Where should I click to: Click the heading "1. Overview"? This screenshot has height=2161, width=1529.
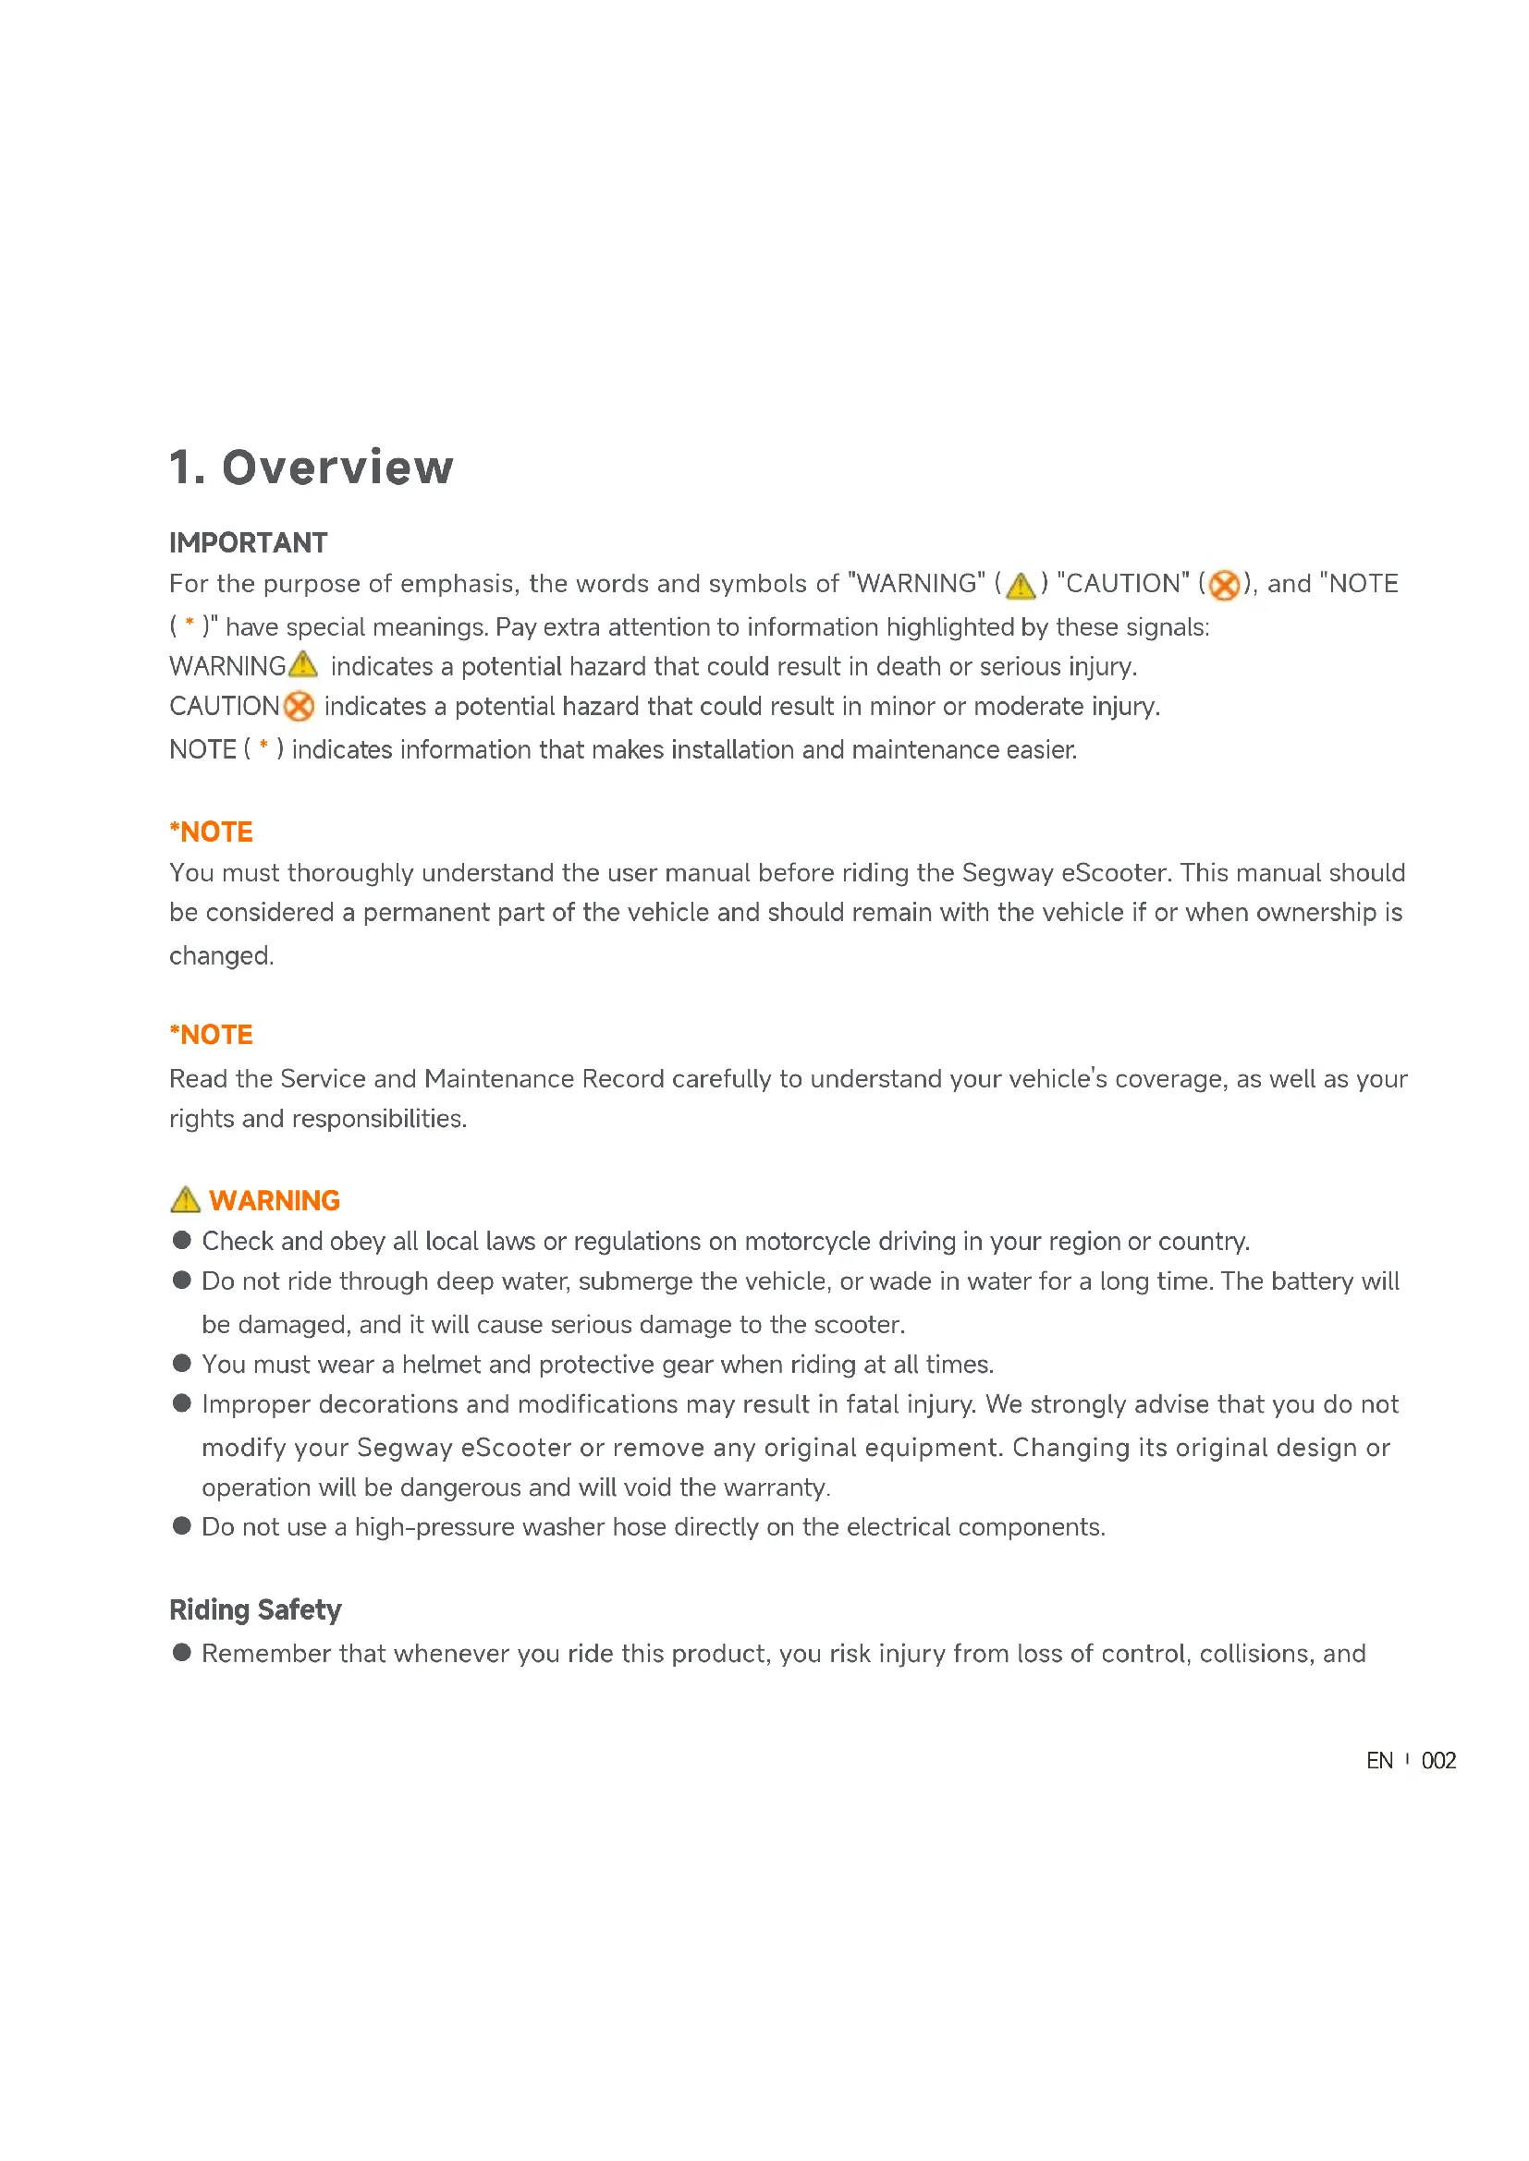(x=311, y=467)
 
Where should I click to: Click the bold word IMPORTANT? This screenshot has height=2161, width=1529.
(x=249, y=543)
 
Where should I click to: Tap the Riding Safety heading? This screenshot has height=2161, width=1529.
(x=255, y=1609)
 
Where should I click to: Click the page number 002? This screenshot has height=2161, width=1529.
(x=1438, y=1761)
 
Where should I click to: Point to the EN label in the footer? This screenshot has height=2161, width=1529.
(x=1379, y=1761)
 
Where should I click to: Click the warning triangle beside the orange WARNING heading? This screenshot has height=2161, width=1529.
(x=186, y=1200)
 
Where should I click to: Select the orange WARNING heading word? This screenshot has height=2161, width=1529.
(x=274, y=1201)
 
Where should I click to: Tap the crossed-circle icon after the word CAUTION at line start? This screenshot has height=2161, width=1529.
(x=299, y=706)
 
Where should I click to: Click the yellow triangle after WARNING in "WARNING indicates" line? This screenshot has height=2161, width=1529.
(x=303, y=664)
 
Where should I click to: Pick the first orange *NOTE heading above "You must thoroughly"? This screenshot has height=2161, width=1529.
(x=211, y=832)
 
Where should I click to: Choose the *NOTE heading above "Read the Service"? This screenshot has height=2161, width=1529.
(x=211, y=1036)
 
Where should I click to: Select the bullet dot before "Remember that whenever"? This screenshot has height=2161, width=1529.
(x=183, y=1653)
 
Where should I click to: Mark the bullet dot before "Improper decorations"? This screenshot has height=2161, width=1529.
(x=183, y=1403)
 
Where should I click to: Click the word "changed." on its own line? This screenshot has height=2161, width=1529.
(x=221, y=956)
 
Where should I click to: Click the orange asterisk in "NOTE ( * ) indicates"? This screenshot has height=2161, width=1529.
(x=264, y=747)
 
